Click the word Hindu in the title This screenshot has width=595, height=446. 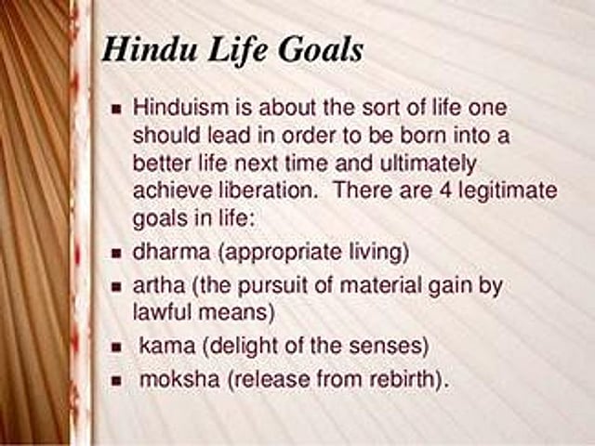pyautogui.click(x=151, y=49)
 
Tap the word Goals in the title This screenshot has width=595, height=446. pyautogui.click(x=321, y=49)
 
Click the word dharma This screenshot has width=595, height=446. pyautogui.click(x=171, y=252)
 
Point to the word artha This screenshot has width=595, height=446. pyautogui.click(x=159, y=285)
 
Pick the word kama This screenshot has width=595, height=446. pyautogui.click(x=167, y=345)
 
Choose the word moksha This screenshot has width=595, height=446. pyautogui.click(x=179, y=378)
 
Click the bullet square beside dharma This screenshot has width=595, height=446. pyautogui.click(x=117, y=253)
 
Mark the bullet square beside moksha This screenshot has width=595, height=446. pyautogui.click(x=117, y=380)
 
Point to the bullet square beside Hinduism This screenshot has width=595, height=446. pyautogui.click(x=117, y=110)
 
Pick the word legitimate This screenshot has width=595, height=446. pyautogui.click(x=509, y=190)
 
